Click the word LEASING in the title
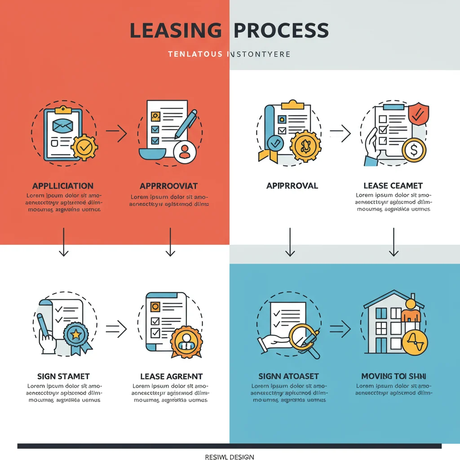click(x=176, y=30)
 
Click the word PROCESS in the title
click(x=282, y=30)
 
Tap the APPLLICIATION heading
click(x=63, y=186)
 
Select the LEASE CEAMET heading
click(x=393, y=186)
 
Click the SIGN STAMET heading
click(x=63, y=376)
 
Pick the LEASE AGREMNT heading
click(x=171, y=376)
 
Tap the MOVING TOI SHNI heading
click(x=394, y=376)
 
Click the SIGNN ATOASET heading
click(x=289, y=376)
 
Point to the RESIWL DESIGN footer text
click(x=230, y=457)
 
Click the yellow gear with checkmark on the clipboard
click(x=84, y=146)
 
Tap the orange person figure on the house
click(x=411, y=310)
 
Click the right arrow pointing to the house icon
click(x=340, y=328)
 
